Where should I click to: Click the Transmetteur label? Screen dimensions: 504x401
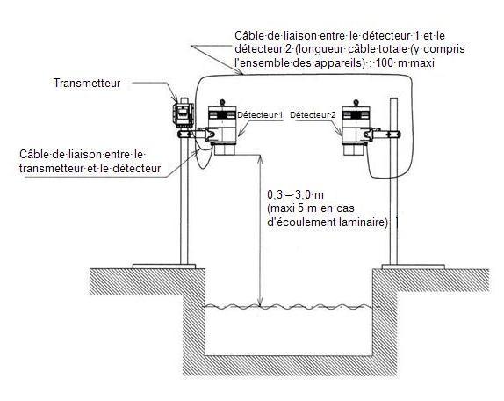point(87,83)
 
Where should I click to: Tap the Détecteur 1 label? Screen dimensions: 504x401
point(260,115)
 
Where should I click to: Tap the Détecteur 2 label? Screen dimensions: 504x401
point(313,115)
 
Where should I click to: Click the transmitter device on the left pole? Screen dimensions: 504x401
point(184,113)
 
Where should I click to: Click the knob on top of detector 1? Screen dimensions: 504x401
point(222,103)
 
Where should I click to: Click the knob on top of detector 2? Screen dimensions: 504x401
point(356,103)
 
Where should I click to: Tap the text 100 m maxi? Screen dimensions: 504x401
point(405,62)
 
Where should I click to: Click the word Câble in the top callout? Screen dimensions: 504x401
point(248,35)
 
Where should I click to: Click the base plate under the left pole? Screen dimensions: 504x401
point(164,266)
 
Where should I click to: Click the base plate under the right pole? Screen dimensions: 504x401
point(414,266)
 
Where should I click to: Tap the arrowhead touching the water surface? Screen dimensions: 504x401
point(261,302)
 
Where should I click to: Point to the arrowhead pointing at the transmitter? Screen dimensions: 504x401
point(176,98)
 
